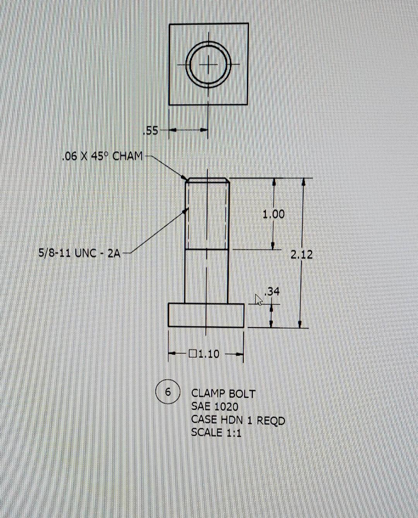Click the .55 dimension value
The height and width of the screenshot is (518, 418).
click(x=151, y=131)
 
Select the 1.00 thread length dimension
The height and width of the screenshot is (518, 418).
click(x=273, y=214)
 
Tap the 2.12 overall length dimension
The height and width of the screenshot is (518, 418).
click(x=302, y=254)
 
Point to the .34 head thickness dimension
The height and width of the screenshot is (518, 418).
click(x=272, y=292)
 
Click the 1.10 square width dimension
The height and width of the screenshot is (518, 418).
click(x=209, y=353)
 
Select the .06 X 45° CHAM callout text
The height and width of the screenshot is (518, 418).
click(x=102, y=156)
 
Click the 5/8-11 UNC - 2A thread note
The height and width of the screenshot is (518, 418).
click(x=79, y=254)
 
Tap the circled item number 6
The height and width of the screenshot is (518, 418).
click(x=168, y=392)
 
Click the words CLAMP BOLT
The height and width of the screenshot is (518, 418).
click(x=223, y=394)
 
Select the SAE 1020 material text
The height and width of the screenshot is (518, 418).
click(x=215, y=407)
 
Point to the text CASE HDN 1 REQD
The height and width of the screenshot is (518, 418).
click(x=238, y=420)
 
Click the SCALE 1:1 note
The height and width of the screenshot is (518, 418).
click(x=216, y=432)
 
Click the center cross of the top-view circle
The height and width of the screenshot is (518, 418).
click(x=209, y=63)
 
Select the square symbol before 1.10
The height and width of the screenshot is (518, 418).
click(x=193, y=353)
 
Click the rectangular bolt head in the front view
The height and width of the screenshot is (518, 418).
click(x=206, y=315)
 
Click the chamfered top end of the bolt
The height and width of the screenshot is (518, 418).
click(x=207, y=180)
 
